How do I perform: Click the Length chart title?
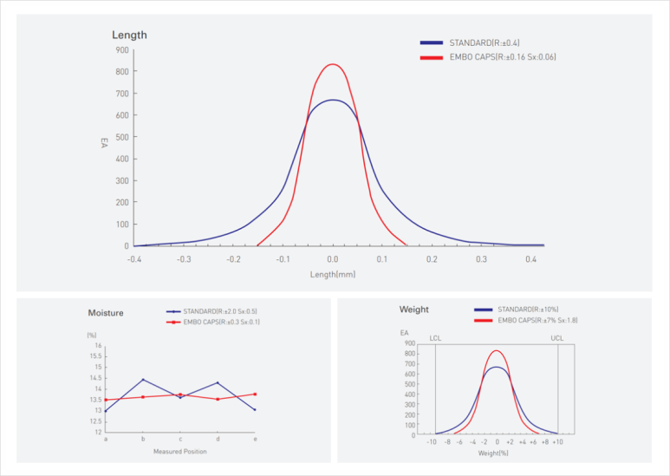(x=129, y=36)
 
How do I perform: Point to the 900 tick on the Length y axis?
(x=123, y=49)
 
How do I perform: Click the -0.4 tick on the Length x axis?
(x=133, y=258)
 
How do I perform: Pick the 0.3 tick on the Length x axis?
(x=481, y=258)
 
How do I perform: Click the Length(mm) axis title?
(x=333, y=274)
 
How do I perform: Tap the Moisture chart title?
(x=106, y=312)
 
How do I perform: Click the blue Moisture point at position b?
(x=143, y=380)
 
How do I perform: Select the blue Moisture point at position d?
(x=218, y=383)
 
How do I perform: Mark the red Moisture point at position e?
(x=255, y=394)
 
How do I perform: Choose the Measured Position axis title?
(x=180, y=452)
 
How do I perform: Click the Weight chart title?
(x=413, y=310)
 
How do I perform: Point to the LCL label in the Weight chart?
(x=434, y=337)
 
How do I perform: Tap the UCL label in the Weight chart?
(x=557, y=337)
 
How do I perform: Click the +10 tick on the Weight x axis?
(x=557, y=442)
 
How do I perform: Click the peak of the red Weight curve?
(x=496, y=351)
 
